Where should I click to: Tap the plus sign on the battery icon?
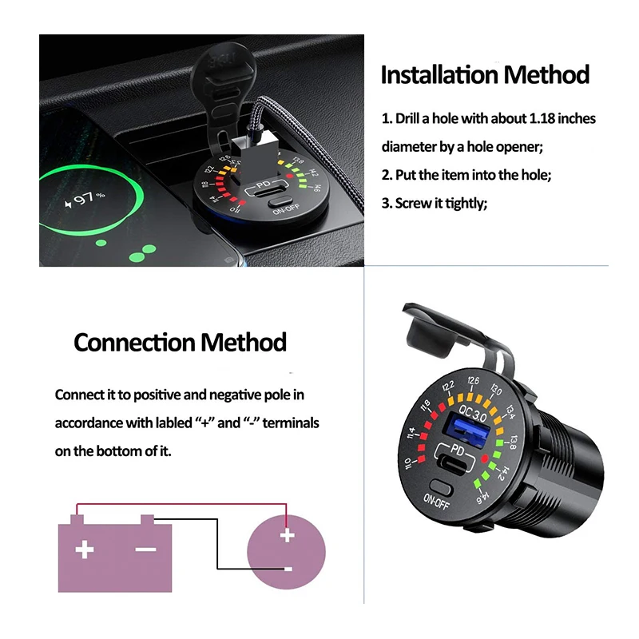pos(84,550)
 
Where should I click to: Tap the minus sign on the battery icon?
pos(145,550)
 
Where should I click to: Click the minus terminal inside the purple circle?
pos(287,569)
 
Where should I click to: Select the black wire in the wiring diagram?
pos(217,543)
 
